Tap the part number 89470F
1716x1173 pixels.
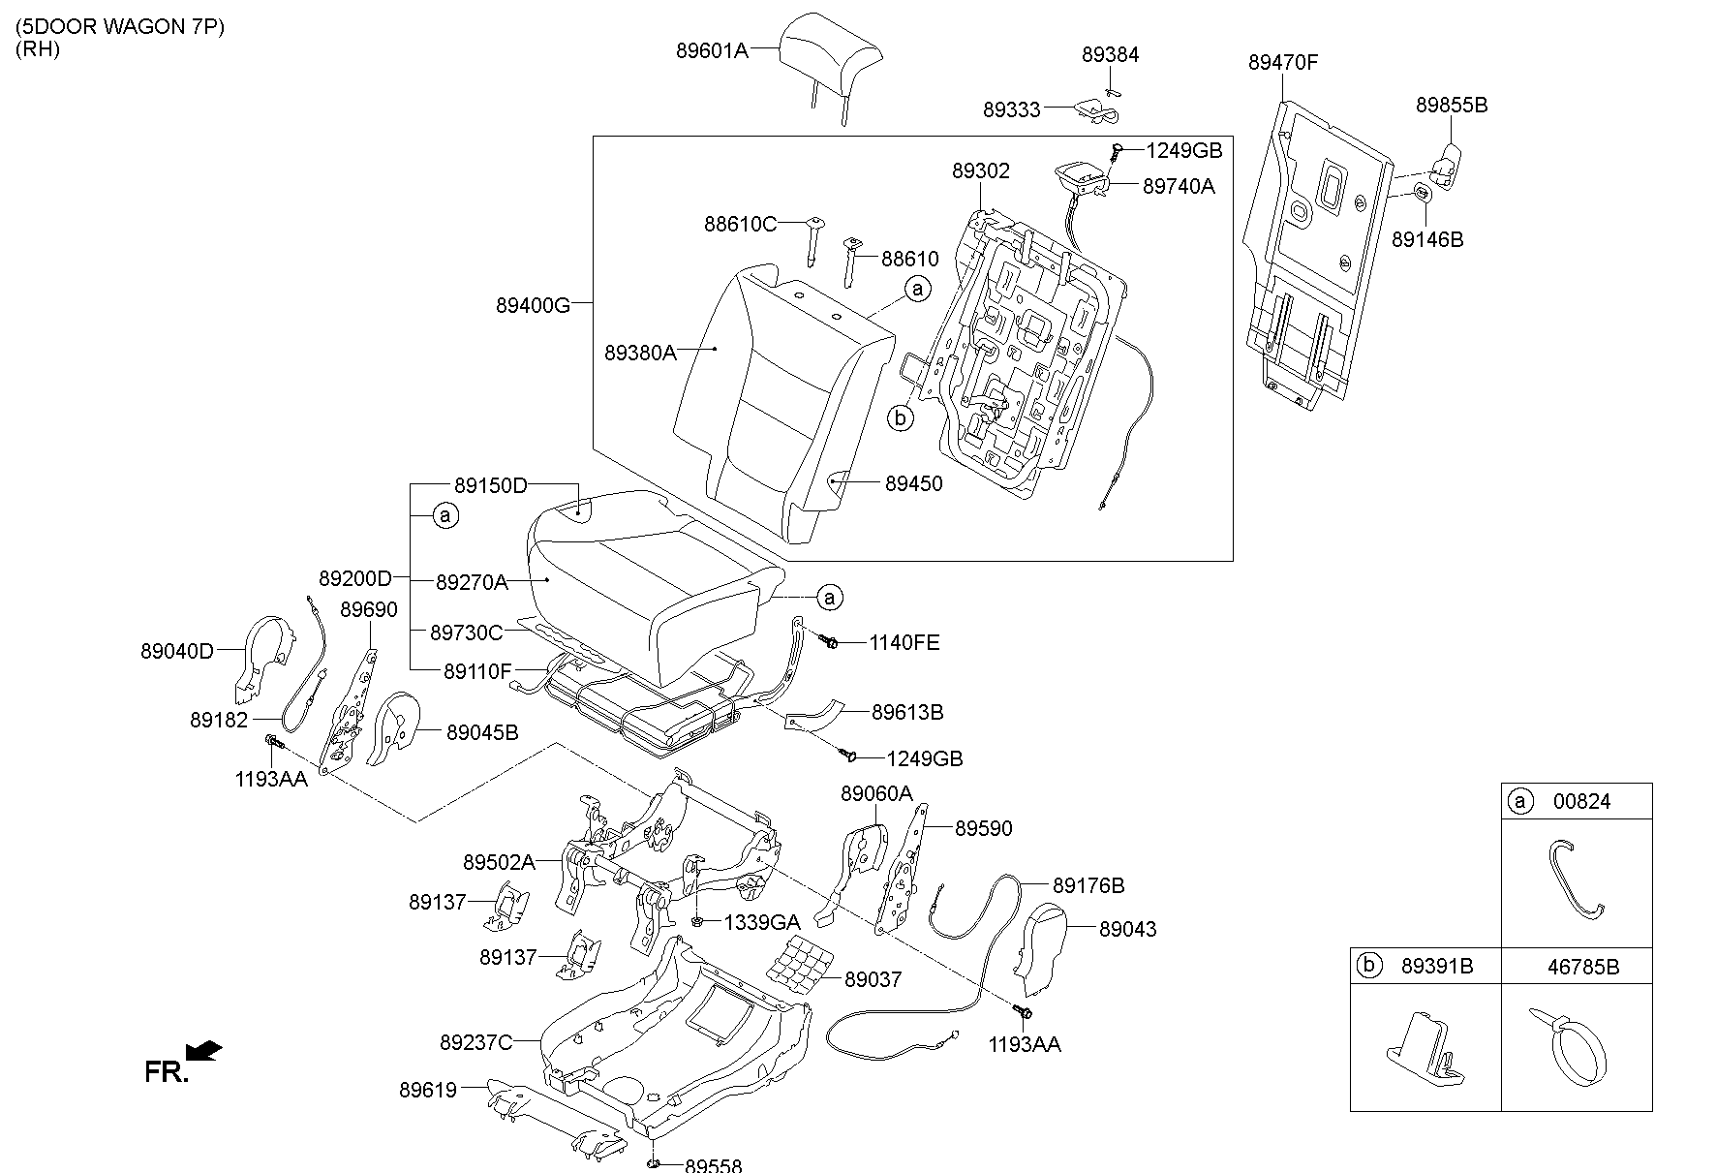pos(1283,63)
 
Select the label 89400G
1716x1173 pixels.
pos(533,305)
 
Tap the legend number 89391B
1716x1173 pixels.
pos(1437,966)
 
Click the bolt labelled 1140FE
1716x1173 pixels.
pos(830,641)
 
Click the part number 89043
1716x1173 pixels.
pos(1128,929)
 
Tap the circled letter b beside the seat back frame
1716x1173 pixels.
pos(901,418)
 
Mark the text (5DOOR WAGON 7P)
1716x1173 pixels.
pos(119,27)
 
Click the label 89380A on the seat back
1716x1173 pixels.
pos(640,354)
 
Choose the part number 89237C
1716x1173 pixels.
pos(475,1042)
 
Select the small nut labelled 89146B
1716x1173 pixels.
pos(1421,192)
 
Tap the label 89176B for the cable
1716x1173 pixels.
pos(1088,885)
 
